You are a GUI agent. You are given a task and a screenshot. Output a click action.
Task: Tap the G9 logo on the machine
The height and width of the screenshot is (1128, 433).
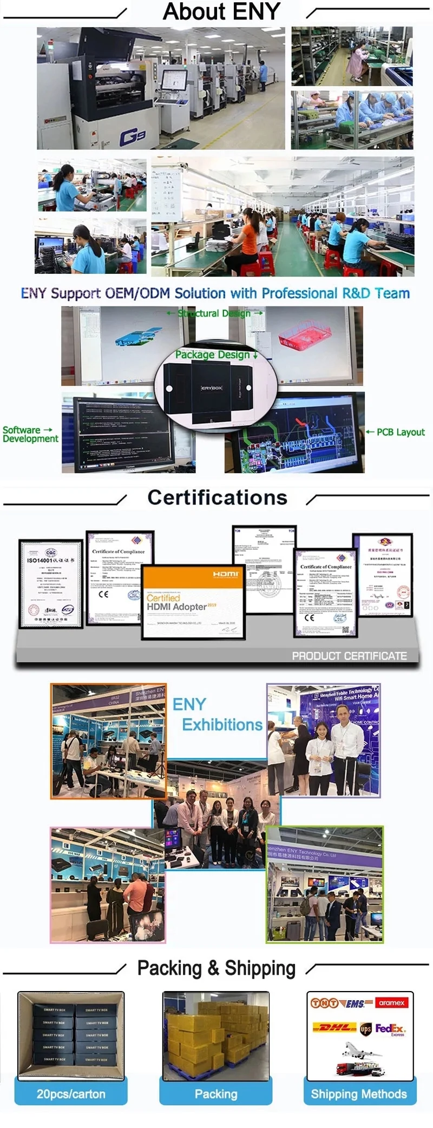coord(132,137)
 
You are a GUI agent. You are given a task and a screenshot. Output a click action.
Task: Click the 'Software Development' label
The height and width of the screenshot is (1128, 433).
coord(30,434)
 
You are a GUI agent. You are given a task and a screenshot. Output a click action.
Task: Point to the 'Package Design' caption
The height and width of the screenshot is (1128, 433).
coord(215,355)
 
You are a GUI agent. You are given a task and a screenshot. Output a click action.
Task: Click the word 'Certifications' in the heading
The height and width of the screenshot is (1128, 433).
coord(217,497)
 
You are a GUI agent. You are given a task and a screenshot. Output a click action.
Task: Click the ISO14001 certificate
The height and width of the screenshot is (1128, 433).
coord(51,583)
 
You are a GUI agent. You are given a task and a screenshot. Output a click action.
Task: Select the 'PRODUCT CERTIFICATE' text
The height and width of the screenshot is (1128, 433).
coord(349,655)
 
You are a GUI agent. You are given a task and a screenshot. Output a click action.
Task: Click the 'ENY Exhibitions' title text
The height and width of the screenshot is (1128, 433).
coord(216,714)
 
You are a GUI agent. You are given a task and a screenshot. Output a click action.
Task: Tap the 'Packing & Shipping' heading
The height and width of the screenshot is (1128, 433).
coord(216,968)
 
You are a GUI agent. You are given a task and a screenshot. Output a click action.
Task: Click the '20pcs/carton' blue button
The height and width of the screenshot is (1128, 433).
coord(71,1094)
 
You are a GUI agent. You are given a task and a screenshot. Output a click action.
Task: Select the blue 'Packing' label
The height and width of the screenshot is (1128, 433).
coord(216,1094)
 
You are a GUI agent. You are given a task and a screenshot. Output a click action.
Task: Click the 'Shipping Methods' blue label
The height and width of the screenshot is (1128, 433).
coord(359,1094)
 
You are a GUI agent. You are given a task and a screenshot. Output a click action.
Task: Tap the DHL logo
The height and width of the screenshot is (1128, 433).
coord(334,1027)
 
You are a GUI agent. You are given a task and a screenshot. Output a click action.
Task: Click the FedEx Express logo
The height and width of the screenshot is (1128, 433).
coord(390,1029)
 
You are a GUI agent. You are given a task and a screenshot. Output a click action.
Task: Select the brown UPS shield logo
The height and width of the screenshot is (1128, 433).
coord(366,1028)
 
